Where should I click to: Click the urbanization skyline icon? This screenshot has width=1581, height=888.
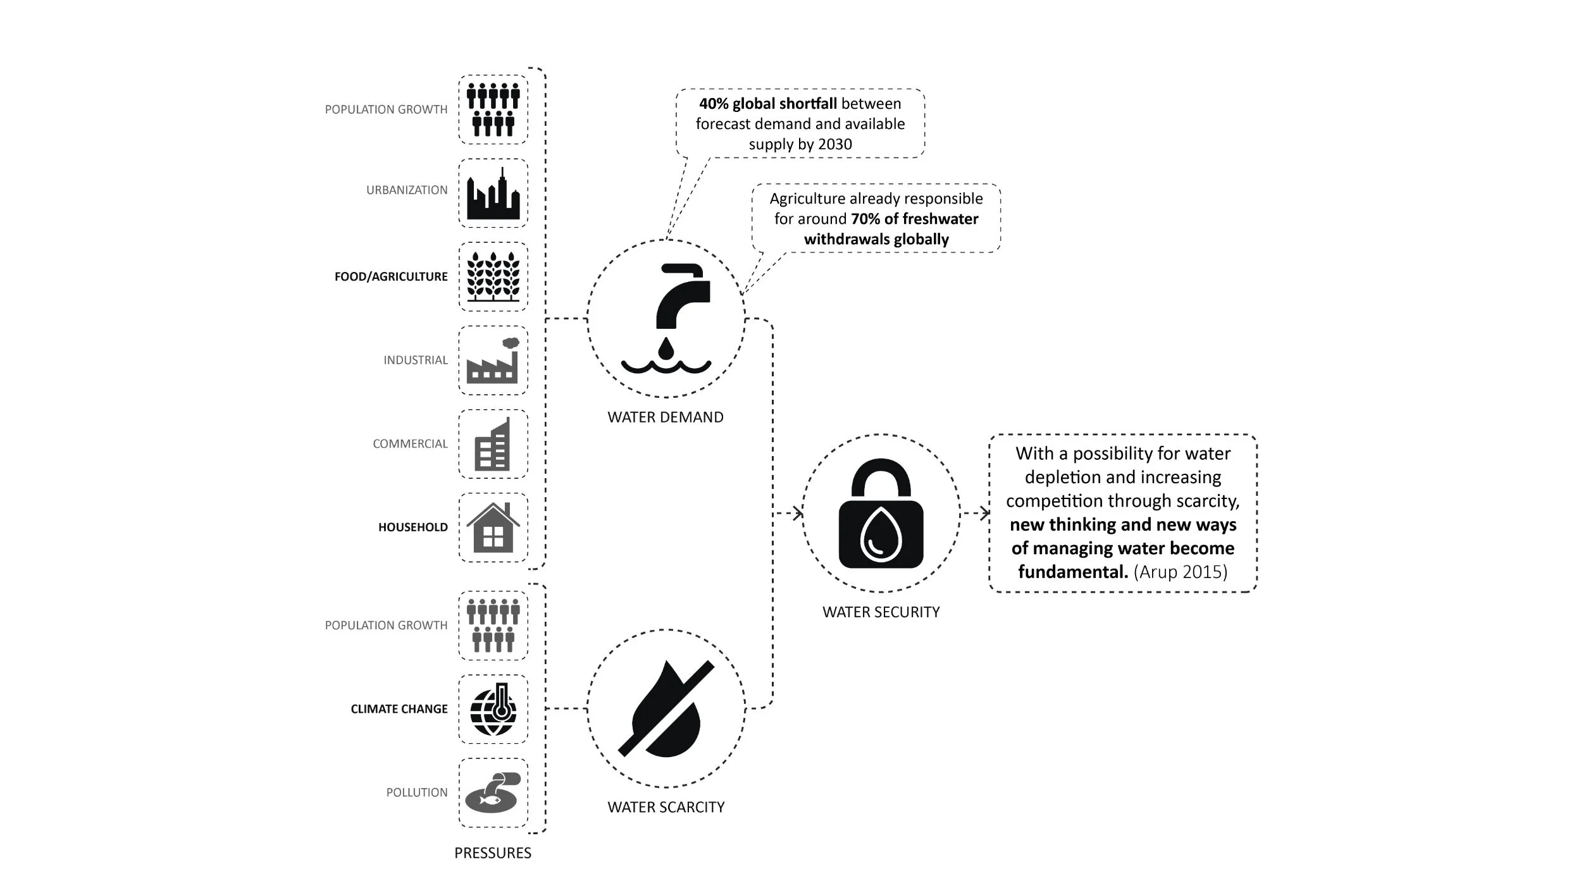493,194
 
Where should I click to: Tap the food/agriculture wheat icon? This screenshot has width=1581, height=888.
493,277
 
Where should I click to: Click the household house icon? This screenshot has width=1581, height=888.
493,527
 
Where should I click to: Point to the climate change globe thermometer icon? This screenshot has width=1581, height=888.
493,709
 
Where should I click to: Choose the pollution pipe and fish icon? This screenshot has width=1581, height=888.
493,792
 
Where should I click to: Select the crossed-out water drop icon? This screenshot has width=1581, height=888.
666,708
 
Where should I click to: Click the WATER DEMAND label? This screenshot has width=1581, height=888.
666,417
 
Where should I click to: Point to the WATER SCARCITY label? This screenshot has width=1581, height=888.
666,807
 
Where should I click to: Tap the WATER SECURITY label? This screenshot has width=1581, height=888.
881,612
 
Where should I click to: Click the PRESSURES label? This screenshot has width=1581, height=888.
493,853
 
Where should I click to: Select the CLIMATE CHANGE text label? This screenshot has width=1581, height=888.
399,709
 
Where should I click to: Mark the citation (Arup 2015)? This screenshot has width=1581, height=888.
1181,572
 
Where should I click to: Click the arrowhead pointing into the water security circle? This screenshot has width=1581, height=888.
798,513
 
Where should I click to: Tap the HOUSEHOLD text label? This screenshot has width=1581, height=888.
412,527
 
